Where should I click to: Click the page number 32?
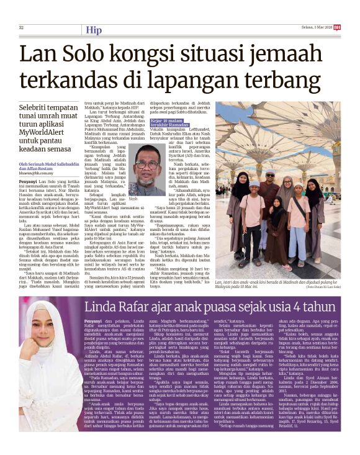point(21,27)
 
